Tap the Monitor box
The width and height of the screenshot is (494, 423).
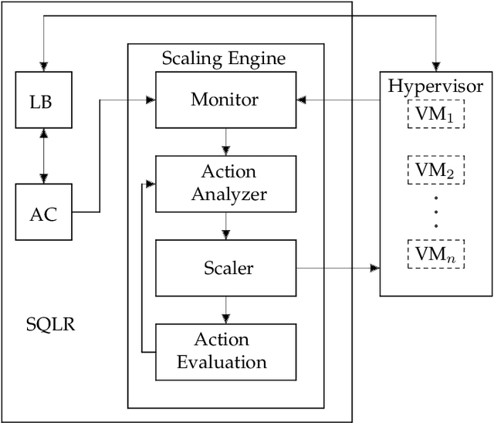pos(225,100)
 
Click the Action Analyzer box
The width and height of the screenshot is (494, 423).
pos(225,184)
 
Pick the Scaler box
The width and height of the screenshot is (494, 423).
pos(225,268)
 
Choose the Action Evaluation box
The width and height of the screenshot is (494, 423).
pos(225,351)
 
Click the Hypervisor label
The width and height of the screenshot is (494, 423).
pos(436,86)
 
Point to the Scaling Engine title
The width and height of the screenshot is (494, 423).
pos(223,59)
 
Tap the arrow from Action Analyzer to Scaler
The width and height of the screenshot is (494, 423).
pos(225,225)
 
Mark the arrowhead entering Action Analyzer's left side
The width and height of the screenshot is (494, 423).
pos(151,184)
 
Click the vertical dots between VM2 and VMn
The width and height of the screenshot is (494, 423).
pos(436,211)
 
